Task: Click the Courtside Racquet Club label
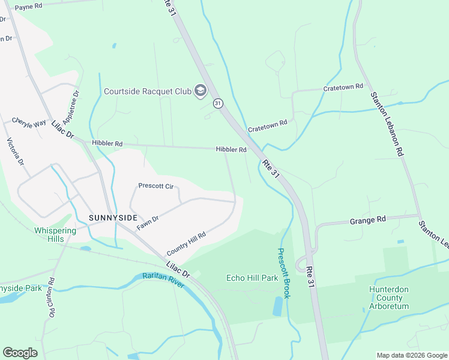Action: [147, 91]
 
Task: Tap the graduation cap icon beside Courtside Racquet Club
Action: [200, 91]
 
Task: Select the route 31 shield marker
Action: [218, 104]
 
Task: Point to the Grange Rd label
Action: [367, 221]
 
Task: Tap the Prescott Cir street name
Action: [155, 186]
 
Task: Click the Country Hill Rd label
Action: [186, 243]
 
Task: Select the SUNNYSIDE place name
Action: [113, 217]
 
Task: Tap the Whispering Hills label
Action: [55, 235]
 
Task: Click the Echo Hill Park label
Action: [252, 278]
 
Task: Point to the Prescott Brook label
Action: [284, 274]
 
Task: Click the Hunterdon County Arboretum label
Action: [389, 298]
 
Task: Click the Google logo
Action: [20, 353]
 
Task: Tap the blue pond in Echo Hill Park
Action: [277, 307]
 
